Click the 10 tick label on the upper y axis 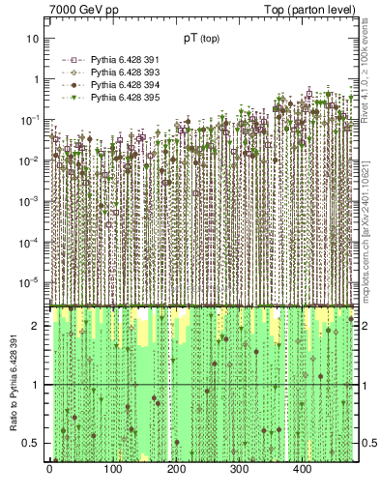pos(33,39)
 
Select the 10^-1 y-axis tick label pos(30,120)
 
